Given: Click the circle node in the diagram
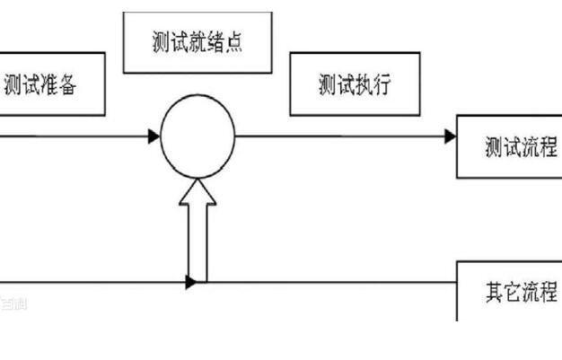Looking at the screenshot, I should [x=198, y=136].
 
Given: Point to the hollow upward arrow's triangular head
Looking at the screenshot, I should [x=198, y=191].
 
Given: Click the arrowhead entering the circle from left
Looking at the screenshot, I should [x=154, y=136].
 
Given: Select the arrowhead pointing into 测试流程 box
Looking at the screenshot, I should [x=450, y=136].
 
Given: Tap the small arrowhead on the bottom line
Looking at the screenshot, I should [x=191, y=283].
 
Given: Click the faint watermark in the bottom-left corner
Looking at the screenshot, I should [x=13, y=304].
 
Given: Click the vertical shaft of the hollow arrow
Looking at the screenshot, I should [x=198, y=242].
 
